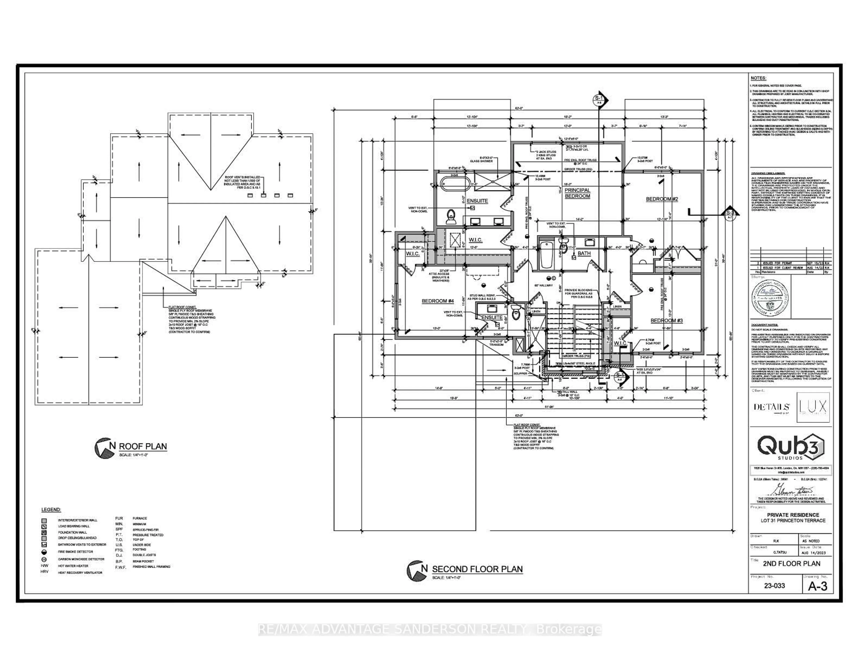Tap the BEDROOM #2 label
click(x=662, y=199)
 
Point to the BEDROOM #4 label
click(x=438, y=301)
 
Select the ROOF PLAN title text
click(x=143, y=446)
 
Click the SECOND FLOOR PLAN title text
click(x=477, y=569)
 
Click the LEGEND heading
click(x=51, y=510)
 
